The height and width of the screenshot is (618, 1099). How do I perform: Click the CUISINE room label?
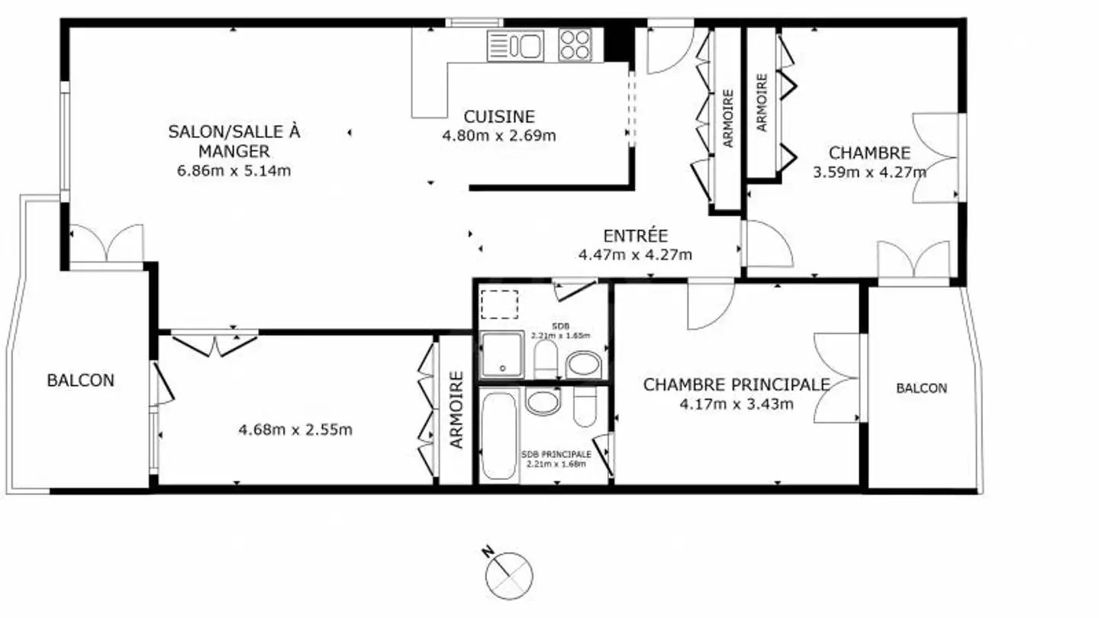coord(499,117)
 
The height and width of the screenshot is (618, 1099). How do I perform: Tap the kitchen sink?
coord(515,46)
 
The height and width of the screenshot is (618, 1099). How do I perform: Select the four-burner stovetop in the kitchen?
coord(575,45)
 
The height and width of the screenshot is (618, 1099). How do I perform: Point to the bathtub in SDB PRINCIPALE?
coord(499,435)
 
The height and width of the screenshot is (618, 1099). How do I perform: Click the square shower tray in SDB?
coord(502,355)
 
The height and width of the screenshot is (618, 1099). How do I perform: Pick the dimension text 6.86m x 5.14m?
coord(234,171)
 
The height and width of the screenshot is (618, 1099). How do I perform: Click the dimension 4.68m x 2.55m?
coord(295,430)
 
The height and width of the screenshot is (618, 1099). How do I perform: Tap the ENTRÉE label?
coord(635,236)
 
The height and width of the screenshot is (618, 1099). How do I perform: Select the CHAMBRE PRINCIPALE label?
coord(736,385)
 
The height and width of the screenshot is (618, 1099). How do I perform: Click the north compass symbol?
coord(509,575)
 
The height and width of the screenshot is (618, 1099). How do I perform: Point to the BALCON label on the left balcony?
coord(80,380)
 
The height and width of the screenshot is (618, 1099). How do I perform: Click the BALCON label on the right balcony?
coord(921,388)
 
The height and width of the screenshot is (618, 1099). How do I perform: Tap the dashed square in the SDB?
coord(499,304)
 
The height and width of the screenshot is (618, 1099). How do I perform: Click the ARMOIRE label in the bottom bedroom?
coord(456,410)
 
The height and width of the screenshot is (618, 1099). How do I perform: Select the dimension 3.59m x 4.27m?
coord(870,172)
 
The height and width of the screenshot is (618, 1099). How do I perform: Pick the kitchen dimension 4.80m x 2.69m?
coord(499,135)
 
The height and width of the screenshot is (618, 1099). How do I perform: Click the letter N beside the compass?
coord(488,552)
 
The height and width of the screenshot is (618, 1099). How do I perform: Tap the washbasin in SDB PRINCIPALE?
coord(543,401)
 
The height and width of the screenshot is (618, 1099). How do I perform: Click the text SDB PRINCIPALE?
coord(556,455)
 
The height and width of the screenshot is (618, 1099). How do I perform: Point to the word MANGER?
coord(234,151)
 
